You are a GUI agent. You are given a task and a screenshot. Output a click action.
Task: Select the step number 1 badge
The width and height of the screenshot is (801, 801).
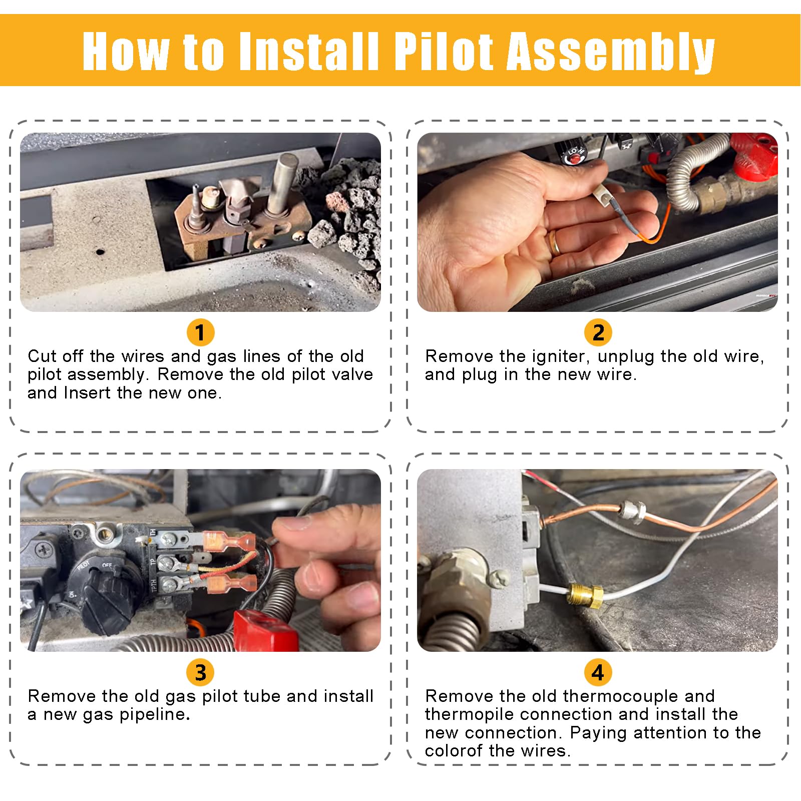tap(200, 332)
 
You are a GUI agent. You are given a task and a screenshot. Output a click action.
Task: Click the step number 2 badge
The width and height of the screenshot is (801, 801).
tap(598, 332)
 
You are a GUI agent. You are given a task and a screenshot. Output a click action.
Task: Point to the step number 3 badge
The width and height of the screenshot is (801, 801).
tap(200, 672)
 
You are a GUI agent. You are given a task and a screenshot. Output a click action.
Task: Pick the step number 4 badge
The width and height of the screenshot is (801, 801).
tap(598, 672)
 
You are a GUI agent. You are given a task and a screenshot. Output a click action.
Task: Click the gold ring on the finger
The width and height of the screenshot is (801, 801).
tap(555, 243)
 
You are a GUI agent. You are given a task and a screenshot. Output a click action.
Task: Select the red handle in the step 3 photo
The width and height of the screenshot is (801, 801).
tap(264, 630)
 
